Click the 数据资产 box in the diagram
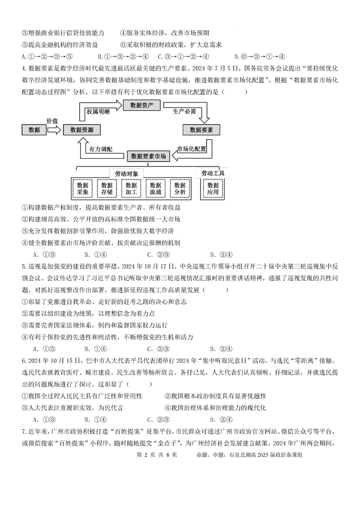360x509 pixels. click(142, 105)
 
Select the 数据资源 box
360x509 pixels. click(81, 130)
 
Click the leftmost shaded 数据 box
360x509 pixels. click(34, 130)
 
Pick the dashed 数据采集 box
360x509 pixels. click(83, 189)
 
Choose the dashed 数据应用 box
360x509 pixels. click(213, 189)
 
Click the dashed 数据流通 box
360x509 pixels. click(156, 189)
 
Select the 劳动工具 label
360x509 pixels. click(212, 173)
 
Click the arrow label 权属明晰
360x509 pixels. click(98, 112)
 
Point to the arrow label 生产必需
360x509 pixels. click(184, 112)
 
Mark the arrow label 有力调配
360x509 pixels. click(100, 149)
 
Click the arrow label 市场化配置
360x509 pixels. click(192, 149)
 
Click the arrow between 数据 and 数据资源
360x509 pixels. click(54, 130)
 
